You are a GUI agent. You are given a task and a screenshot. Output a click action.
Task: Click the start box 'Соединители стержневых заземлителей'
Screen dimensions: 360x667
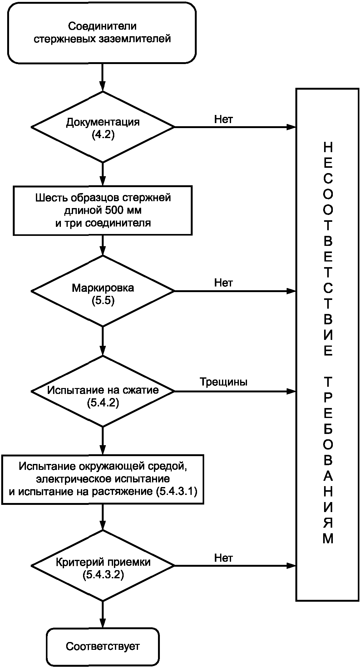(102, 32)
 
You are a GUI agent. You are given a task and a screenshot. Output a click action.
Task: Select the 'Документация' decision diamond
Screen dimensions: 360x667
(103, 127)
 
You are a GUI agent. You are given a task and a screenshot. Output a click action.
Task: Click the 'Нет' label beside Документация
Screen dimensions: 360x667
(224, 119)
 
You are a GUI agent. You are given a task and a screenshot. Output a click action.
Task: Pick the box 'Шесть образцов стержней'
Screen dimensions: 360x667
(102, 210)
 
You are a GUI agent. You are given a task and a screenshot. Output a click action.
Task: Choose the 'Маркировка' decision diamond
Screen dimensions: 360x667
(103, 291)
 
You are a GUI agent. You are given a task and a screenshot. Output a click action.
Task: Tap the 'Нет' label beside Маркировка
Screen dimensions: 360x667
(224, 283)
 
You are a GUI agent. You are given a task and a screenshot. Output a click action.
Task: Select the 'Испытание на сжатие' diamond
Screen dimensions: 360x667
(103, 391)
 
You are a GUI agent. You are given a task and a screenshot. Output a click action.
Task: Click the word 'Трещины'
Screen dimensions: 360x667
(224, 382)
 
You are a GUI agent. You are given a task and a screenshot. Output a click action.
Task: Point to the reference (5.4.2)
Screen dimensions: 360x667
(103, 403)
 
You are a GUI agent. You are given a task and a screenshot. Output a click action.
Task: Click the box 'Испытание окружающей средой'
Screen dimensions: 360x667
(103, 479)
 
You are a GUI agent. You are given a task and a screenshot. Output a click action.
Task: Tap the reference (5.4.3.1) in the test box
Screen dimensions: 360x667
(176, 492)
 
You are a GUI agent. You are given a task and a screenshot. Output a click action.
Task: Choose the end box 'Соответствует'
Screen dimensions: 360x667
(103, 646)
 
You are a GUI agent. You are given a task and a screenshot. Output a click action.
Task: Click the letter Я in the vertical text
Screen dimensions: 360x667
(328, 523)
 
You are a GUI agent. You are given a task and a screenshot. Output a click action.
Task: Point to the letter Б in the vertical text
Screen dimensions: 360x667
(328, 430)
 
